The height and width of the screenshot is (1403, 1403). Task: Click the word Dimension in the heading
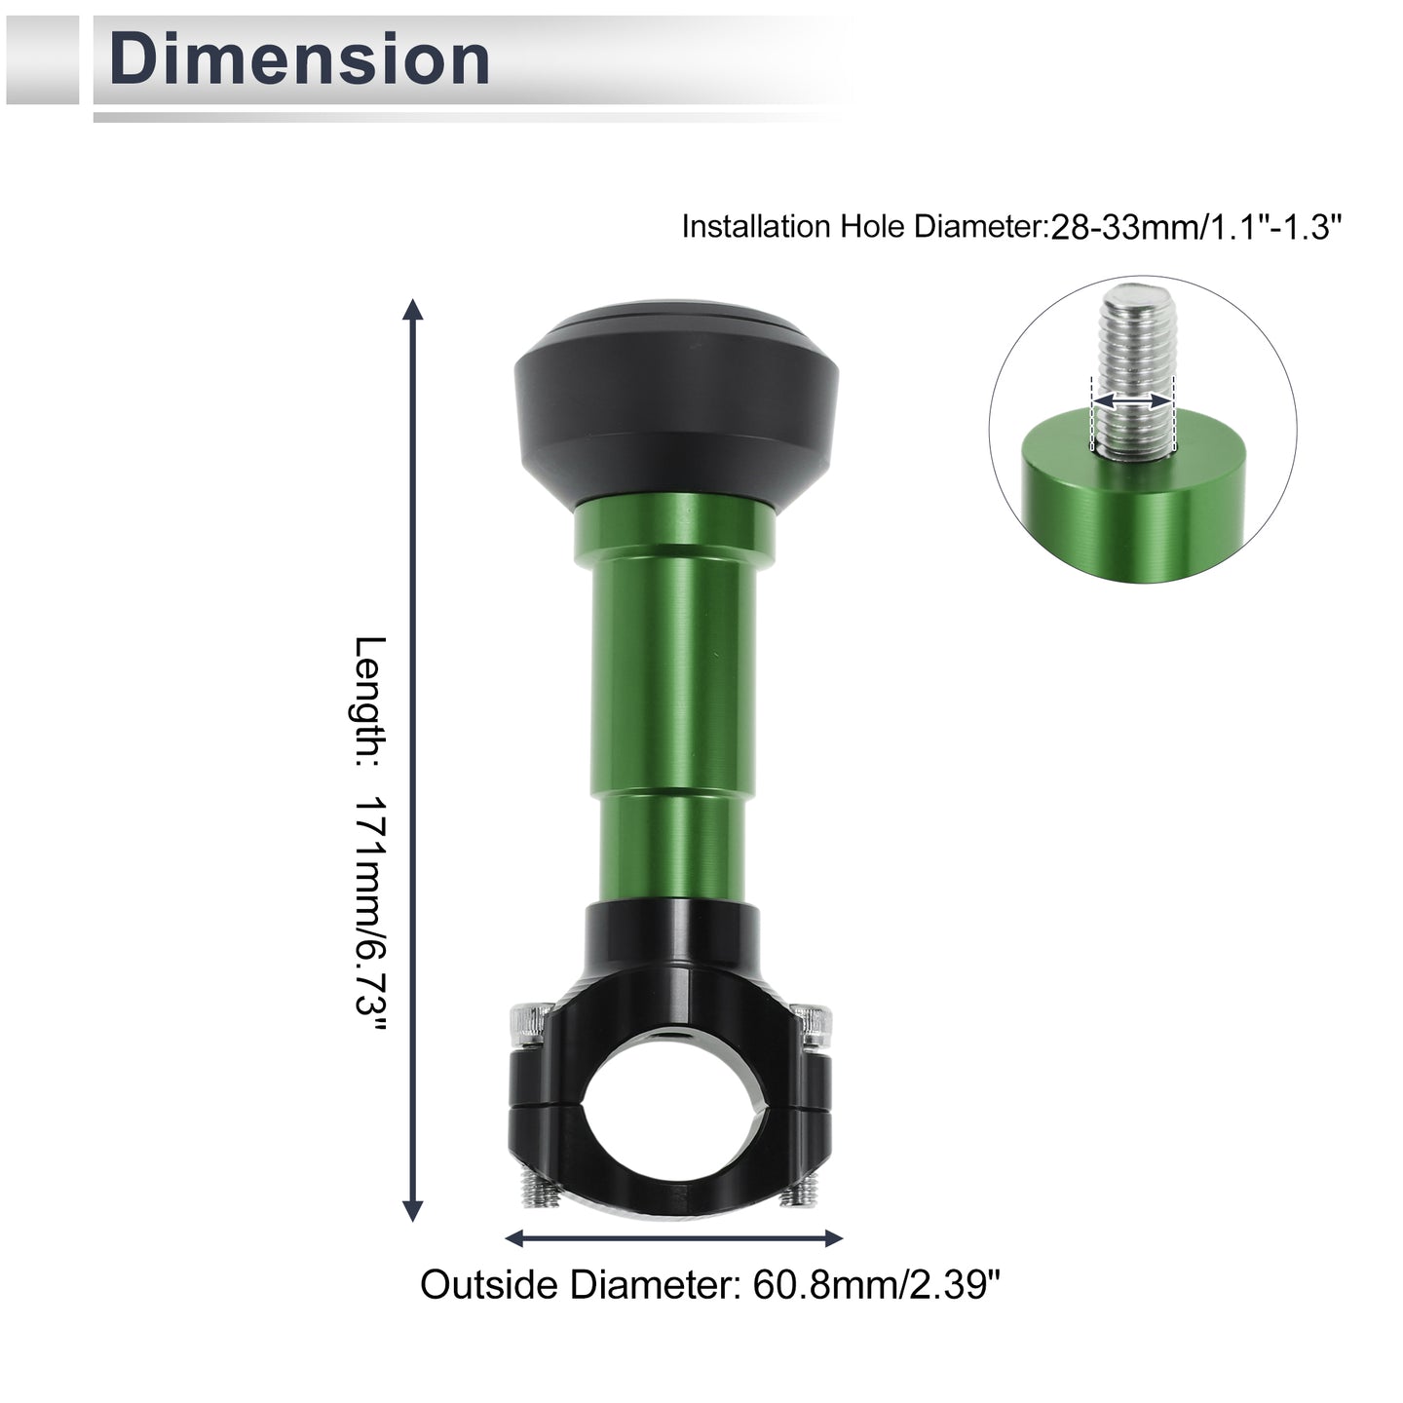[299, 59]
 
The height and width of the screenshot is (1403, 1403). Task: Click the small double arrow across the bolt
[1132, 401]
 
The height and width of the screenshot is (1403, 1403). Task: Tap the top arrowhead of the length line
[413, 310]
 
